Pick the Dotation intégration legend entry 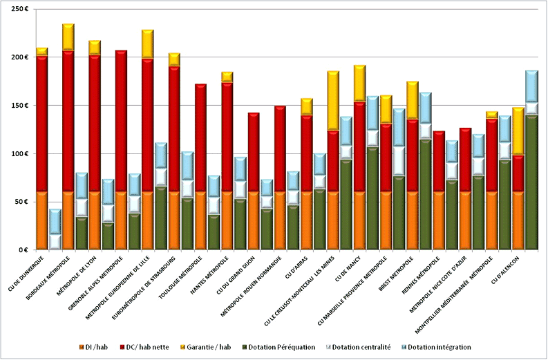pyautogui.click(x=440, y=346)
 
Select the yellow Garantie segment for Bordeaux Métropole pyautogui.click(x=68, y=37)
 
